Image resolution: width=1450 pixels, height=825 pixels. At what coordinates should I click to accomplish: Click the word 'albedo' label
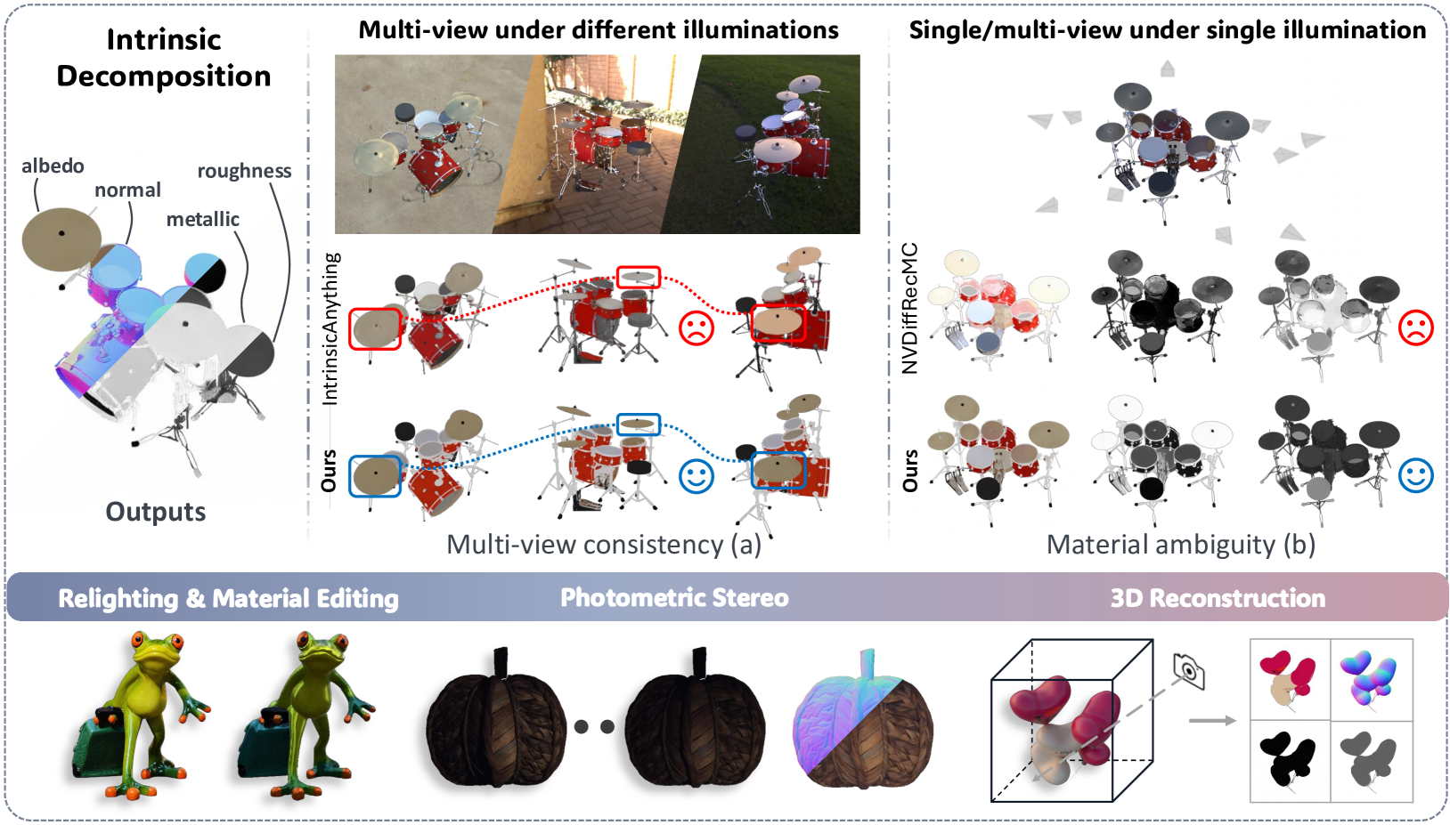pyautogui.click(x=53, y=166)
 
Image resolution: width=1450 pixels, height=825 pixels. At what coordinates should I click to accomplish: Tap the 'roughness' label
pyautogui.click(x=244, y=171)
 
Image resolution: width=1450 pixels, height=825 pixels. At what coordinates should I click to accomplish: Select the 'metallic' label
pyautogui.click(x=203, y=219)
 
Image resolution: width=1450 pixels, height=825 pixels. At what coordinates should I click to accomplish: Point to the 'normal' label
pyautogui.click(x=127, y=190)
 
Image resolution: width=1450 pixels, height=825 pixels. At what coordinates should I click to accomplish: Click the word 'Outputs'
pyautogui.click(x=156, y=512)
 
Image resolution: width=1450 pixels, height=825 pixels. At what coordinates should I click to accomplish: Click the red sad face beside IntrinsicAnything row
pyautogui.click(x=696, y=328)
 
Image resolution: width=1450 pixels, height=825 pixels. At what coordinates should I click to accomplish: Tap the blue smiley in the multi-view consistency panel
pyautogui.click(x=696, y=476)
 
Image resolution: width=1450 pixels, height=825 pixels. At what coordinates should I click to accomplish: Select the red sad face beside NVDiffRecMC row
pyautogui.click(x=1415, y=328)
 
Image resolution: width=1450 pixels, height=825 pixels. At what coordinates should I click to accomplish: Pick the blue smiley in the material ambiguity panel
pyautogui.click(x=1415, y=475)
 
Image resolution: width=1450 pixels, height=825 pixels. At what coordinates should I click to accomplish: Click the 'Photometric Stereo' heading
pyautogui.click(x=674, y=598)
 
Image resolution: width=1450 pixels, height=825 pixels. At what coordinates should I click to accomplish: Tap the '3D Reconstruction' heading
pyautogui.click(x=1218, y=598)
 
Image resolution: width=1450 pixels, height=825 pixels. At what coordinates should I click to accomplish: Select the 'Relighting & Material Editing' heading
pyautogui.click(x=228, y=598)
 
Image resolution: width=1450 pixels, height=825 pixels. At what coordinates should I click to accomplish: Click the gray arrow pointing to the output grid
pyautogui.click(x=1212, y=720)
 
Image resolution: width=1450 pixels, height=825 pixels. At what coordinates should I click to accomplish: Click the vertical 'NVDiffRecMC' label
pyautogui.click(x=910, y=308)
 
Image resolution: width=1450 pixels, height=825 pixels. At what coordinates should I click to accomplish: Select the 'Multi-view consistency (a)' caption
pyautogui.click(x=604, y=545)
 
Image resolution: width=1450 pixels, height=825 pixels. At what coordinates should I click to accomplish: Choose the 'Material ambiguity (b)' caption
pyautogui.click(x=1180, y=545)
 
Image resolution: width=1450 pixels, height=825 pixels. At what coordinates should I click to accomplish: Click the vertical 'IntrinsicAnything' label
pyautogui.click(x=330, y=328)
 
